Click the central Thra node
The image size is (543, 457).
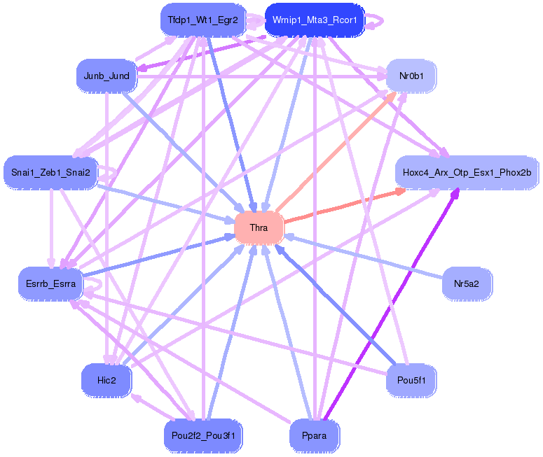coord(259,228)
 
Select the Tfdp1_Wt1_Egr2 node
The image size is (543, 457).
coord(202,20)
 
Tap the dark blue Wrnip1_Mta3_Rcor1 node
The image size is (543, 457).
coord(315,20)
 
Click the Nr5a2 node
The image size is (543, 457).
coord(467,283)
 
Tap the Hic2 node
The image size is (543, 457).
coord(106,380)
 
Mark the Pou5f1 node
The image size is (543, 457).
coord(411,380)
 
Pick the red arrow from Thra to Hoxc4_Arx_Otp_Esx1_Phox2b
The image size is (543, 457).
coord(343,206)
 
